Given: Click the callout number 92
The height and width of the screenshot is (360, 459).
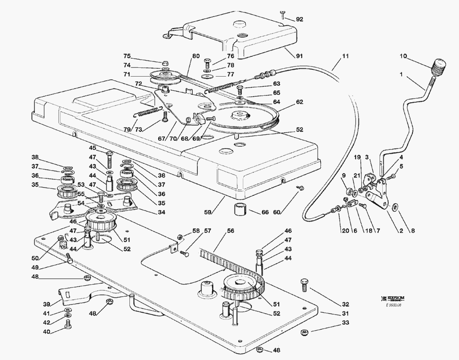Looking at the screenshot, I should [300, 19].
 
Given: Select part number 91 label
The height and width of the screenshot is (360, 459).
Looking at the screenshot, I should [299, 56].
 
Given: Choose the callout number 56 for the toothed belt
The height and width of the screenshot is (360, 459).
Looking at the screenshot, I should [230, 231].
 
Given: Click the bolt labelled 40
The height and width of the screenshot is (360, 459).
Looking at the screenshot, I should [68, 325].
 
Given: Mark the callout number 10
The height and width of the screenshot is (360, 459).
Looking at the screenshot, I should [403, 56].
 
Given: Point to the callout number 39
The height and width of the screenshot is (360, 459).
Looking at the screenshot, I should [46, 304].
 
